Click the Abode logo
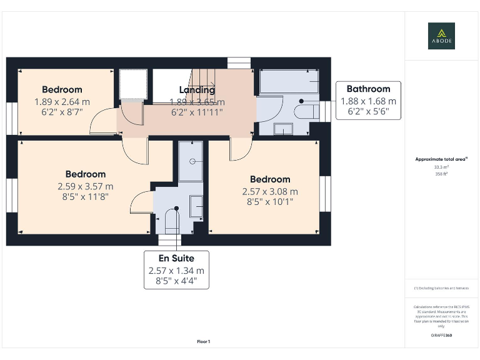tap(441, 36)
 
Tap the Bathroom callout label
tap(368, 89)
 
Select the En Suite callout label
tap(176, 258)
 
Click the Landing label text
tap(197, 90)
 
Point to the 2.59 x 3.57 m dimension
tap(86, 186)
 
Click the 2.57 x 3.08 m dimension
tap(270, 191)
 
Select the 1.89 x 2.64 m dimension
tap(62, 102)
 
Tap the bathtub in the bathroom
tap(289, 81)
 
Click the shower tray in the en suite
tap(191, 161)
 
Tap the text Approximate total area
tap(441, 159)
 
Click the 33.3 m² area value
tap(441, 167)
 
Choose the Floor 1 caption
tap(204, 341)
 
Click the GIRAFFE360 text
tap(441, 336)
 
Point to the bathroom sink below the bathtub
tap(282, 129)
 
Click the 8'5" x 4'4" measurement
tap(176, 281)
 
